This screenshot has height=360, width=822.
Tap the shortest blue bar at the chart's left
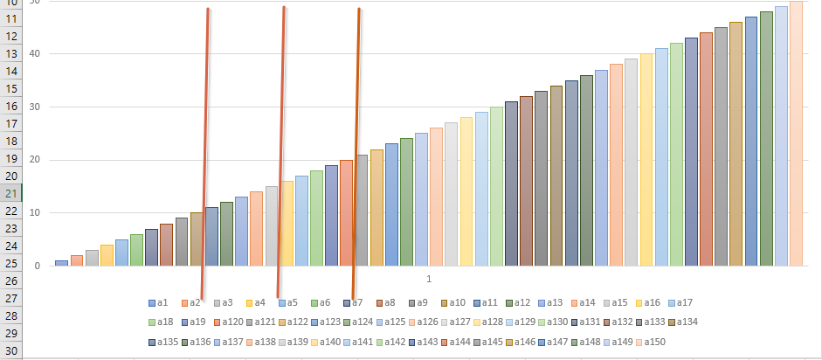(61, 263)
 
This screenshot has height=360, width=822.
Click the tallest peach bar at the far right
(796, 131)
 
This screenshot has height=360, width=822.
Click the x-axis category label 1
(429, 279)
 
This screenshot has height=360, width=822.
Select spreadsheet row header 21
(13, 193)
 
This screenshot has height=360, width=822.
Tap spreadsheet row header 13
(13, 53)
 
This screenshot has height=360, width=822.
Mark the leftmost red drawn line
(205, 153)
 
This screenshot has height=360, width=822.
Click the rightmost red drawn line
(356, 153)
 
